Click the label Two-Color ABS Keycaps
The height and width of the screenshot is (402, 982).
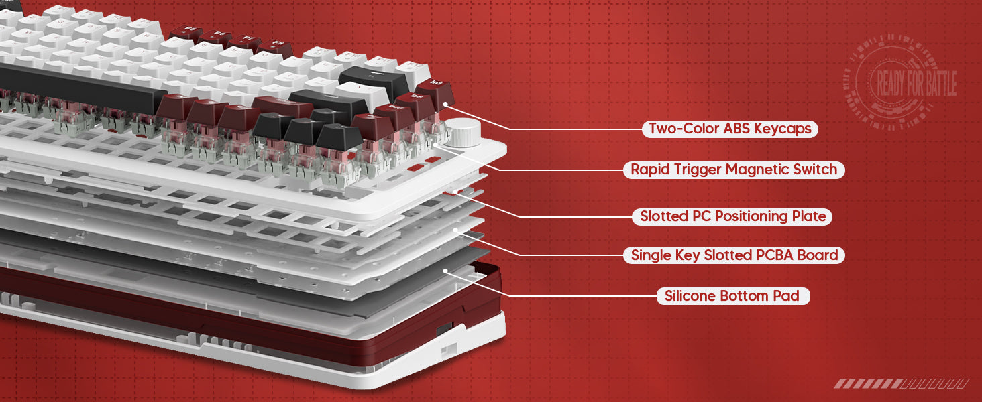click(730, 129)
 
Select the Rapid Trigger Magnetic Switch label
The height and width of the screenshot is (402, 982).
click(734, 170)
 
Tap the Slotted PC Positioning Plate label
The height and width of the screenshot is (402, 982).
click(733, 216)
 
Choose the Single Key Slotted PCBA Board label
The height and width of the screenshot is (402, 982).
click(734, 255)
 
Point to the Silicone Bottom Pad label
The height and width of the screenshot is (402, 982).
click(732, 295)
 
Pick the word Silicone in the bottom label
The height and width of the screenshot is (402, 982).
click(690, 295)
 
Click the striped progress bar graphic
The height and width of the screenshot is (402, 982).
click(901, 384)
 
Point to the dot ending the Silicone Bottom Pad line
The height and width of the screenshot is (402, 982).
click(445, 271)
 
